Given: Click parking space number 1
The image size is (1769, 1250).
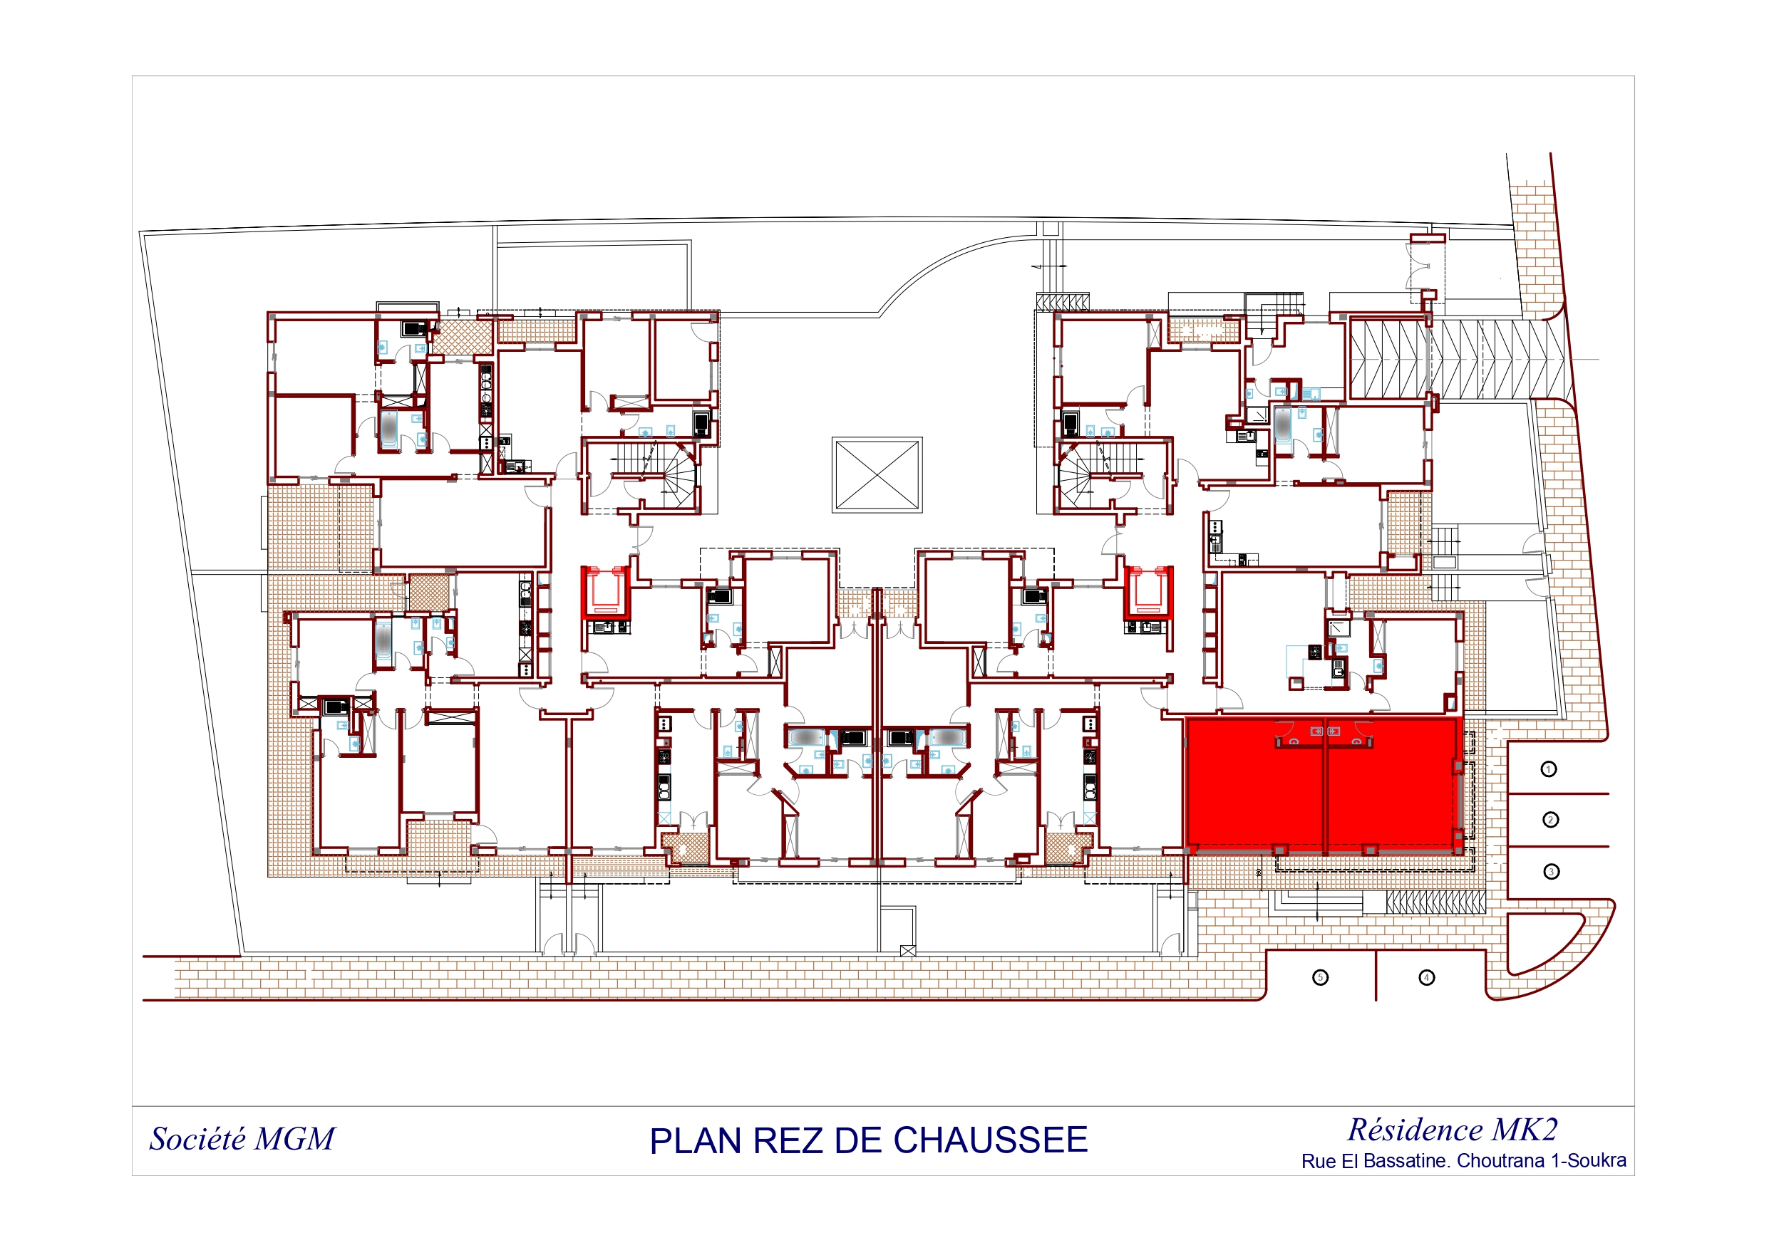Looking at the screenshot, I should pos(1549,769).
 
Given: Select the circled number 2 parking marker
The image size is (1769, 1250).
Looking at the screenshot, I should pos(1550,820).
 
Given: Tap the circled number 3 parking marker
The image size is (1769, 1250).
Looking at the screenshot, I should pos(1551,872).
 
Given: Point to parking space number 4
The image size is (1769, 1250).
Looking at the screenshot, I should pos(1426,977).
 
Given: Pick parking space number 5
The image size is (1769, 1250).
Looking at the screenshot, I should pos(1321,977).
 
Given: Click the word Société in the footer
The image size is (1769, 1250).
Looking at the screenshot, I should pos(197,1139).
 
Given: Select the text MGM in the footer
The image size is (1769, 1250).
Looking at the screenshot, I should pos(294,1139).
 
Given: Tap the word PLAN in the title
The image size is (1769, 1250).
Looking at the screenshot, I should pos(695,1142).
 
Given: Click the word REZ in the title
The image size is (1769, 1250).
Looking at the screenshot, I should pos(788,1142).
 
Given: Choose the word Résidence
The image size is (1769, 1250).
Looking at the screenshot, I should pos(1415,1130).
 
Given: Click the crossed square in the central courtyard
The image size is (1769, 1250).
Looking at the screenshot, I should pos(877,475).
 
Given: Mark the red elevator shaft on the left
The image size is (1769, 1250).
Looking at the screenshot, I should pos(606,593).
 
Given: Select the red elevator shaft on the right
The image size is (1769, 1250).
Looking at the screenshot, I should pos(1148,593).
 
